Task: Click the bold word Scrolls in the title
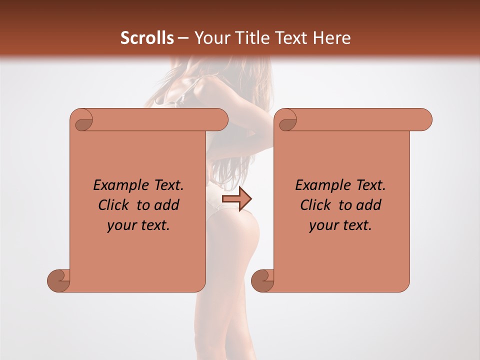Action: [x=147, y=38]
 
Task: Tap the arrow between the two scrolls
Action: [x=236, y=199]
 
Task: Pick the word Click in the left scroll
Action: [x=113, y=205]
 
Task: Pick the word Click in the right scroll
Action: [x=315, y=205]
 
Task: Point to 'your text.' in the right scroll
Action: [x=340, y=225]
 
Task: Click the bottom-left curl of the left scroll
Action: [x=59, y=280]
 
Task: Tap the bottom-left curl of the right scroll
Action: [x=263, y=280]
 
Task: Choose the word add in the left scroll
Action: [x=167, y=205]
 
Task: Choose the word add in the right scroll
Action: [x=369, y=205]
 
